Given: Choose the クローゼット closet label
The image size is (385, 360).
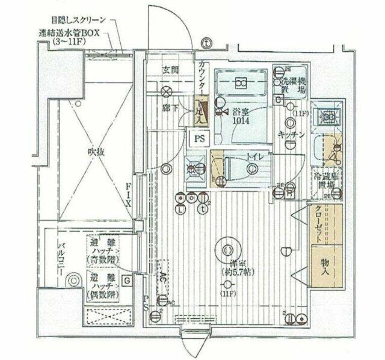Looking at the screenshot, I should (x=317, y=224).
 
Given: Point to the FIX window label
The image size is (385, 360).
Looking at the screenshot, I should (x=128, y=194).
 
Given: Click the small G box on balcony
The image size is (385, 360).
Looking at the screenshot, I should (x=127, y=281).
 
